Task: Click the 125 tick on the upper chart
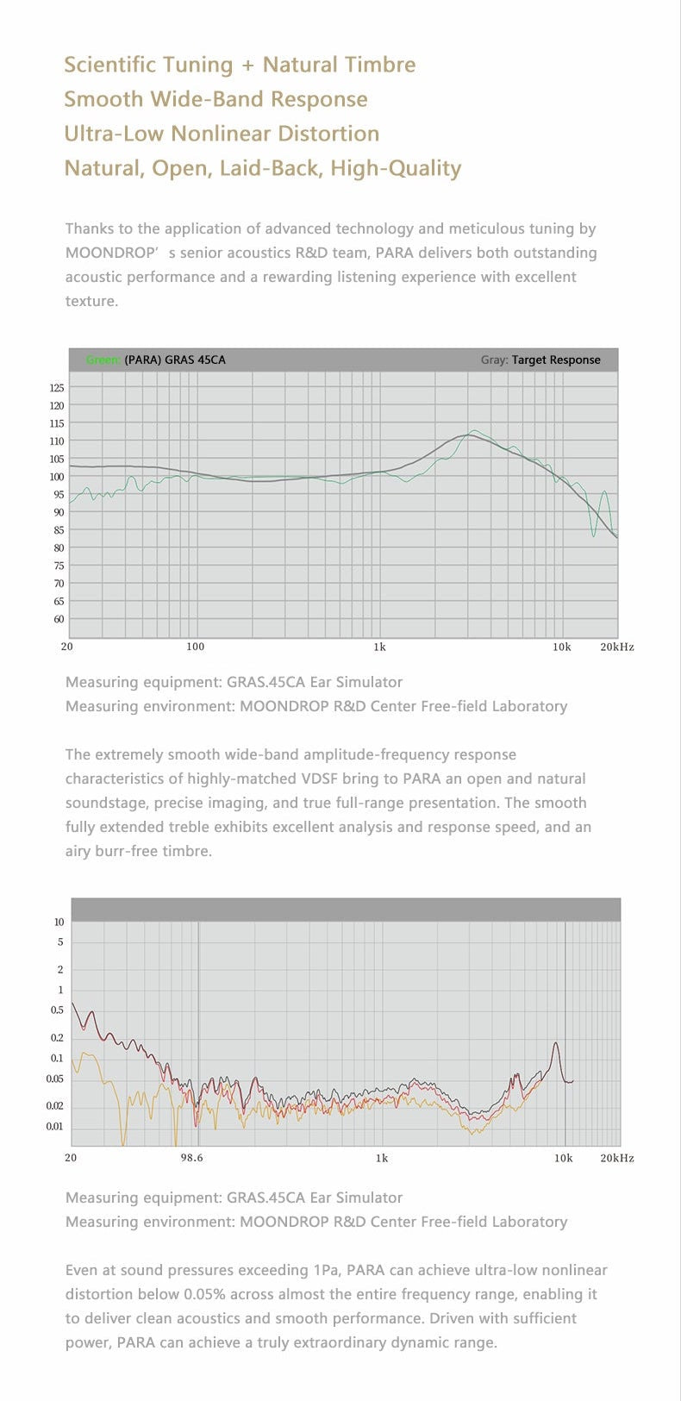click(x=56, y=388)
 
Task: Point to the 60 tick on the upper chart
click(x=58, y=619)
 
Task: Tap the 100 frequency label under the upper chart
click(x=196, y=647)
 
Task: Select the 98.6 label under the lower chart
click(x=192, y=1158)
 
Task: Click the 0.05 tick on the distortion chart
click(x=54, y=1079)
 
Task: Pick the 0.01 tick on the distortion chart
click(x=54, y=1127)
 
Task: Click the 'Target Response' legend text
click(x=556, y=360)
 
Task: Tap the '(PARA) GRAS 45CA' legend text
click(x=175, y=360)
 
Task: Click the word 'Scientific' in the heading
click(x=110, y=65)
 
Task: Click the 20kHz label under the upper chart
click(x=616, y=647)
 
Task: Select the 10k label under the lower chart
click(x=563, y=1158)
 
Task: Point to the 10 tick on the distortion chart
click(x=59, y=922)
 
